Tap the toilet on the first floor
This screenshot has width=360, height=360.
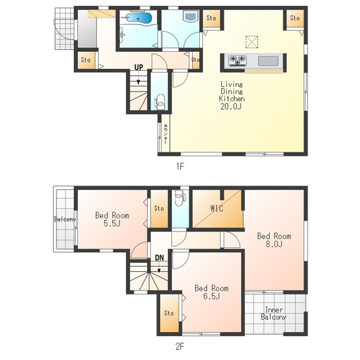(x=160, y=102)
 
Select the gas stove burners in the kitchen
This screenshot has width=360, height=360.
(x=237, y=61)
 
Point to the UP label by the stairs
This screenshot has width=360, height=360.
(x=139, y=67)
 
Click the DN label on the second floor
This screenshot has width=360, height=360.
(x=160, y=258)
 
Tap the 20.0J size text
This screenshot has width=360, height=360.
(x=231, y=106)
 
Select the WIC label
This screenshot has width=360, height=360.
(x=217, y=208)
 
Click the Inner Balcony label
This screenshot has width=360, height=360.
(x=274, y=313)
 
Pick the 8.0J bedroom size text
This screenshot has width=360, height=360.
(x=274, y=244)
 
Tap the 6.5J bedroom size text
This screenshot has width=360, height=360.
(x=211, y=296)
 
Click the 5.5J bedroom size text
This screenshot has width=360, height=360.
(x=112, y=223)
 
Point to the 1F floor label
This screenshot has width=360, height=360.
(x=180, y=166)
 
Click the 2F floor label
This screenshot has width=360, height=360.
(x=180, y=346)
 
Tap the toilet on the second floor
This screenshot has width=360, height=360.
(x=180, y=197)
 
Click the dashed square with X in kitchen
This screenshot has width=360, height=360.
(x=252, y=42)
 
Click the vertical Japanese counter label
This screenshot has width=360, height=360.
(x=165, y=134)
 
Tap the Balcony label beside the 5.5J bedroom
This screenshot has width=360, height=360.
(x=65, y=219)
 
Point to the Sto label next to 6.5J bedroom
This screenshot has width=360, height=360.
(x=169, y=313)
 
